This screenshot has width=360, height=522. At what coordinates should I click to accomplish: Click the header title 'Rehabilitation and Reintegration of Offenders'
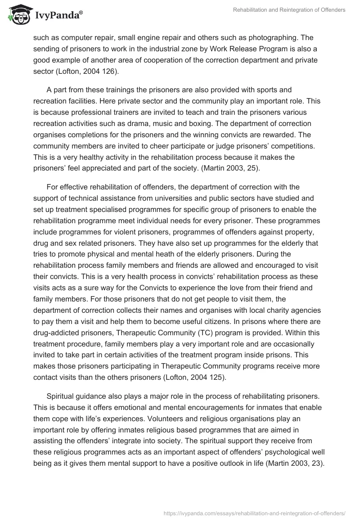point(289,10)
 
